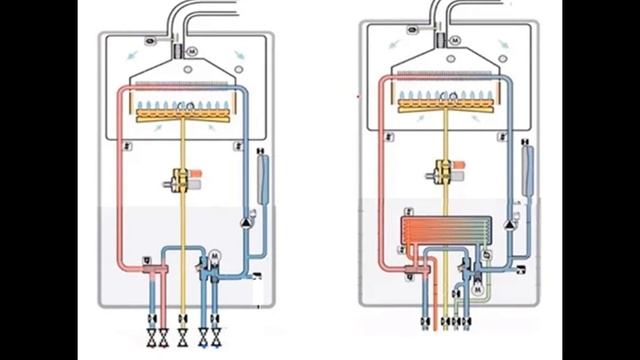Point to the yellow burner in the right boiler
(440, 101)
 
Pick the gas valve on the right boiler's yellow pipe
(441, 171)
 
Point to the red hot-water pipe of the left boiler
(118, 180)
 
